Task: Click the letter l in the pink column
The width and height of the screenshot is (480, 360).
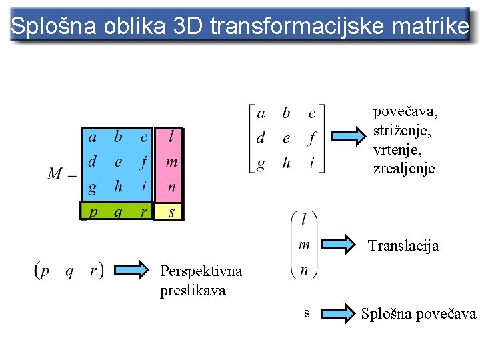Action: (172, 137)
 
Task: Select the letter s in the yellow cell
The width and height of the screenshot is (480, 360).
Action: (171, 211)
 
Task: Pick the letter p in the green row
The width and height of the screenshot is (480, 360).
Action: (93, 211)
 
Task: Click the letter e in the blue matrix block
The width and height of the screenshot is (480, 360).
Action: (118, 162)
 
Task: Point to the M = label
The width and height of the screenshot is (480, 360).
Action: (61, 175)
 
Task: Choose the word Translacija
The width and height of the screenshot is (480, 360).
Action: (403, 246)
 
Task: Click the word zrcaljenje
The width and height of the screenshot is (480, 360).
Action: (404, 169)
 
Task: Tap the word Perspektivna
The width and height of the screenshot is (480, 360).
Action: (201, 271)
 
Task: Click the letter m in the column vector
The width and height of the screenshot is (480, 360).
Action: (304, 245)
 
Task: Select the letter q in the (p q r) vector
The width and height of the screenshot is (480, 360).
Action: (69, 271)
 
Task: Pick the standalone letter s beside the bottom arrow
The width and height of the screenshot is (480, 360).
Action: (307, 312)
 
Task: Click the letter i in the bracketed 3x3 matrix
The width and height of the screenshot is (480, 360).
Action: (311, 163)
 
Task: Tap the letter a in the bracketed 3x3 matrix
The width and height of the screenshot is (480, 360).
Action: (261, 113)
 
